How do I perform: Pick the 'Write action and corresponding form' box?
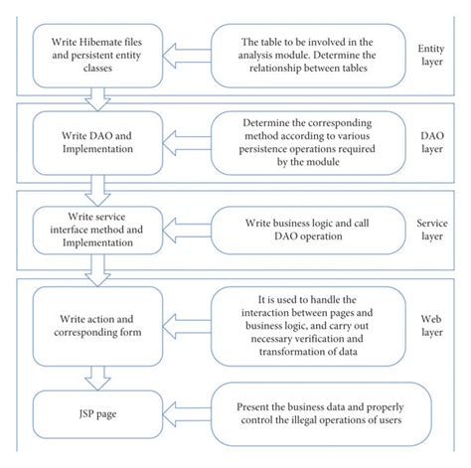[89, 322]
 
